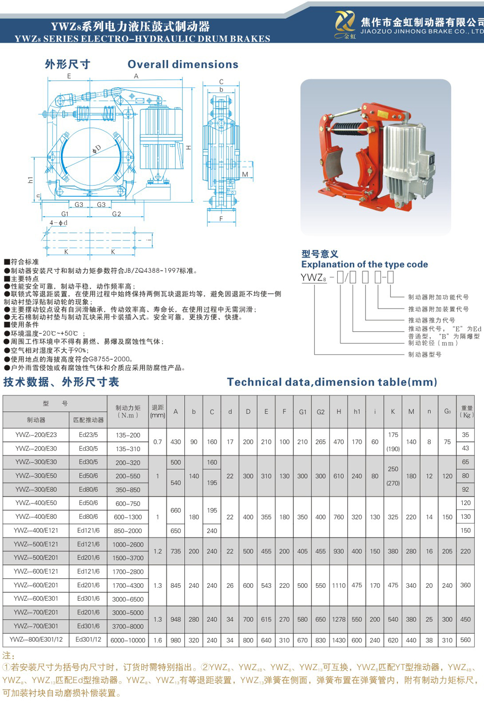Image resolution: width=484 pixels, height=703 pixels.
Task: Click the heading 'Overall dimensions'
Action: tap(183, 64)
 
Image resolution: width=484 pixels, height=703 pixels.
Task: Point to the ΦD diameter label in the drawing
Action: tap(97, 149)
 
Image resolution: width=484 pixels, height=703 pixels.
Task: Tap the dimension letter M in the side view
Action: tap(245, 174)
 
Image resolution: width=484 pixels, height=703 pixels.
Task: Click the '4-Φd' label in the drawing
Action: tap(59, 223)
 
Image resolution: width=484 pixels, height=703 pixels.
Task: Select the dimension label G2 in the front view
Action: tap(117, 214)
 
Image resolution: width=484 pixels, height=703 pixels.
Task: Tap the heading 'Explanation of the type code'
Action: tap(364, 265)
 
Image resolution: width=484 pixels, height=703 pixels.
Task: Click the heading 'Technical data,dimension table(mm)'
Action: tap(332, 382)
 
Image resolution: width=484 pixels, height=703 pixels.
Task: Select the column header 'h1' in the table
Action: tap(357, 412)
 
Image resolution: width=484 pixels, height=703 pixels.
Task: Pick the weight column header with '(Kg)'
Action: tap(467, 412)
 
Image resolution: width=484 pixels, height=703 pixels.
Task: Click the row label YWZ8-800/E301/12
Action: tap(36, 640)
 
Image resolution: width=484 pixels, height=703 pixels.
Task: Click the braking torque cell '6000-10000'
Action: tap(128, 640)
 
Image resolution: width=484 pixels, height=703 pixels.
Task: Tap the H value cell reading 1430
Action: tap(339, 640)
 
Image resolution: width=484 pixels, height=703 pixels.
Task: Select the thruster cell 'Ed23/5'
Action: tap(89, 435)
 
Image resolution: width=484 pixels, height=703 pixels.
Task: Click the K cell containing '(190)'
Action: tap(393, 449)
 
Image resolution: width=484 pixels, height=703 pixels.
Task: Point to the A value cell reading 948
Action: tap(176, 619)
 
